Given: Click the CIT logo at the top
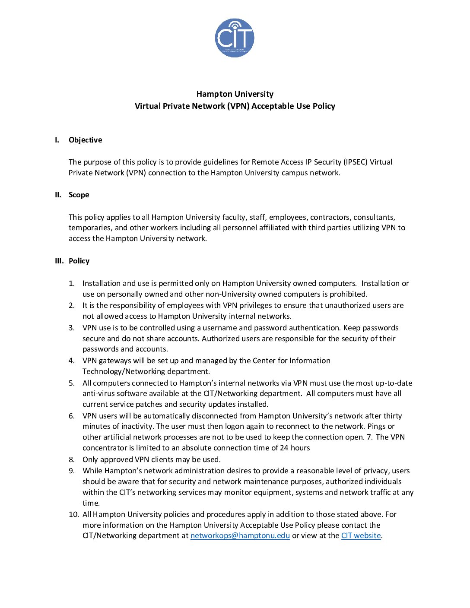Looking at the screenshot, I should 235,38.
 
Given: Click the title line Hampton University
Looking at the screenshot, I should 235,94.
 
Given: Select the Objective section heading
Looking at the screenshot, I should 86,140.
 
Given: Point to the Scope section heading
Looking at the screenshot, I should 79,195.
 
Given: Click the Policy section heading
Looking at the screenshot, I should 79,261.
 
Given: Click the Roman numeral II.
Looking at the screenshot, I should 58,195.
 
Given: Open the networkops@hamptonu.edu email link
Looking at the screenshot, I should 240,535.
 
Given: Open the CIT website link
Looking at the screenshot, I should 361,535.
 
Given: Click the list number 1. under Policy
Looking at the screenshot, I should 72,283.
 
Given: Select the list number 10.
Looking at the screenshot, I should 74,514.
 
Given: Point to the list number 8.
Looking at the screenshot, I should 72,459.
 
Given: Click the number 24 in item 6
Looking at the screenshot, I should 284,448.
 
